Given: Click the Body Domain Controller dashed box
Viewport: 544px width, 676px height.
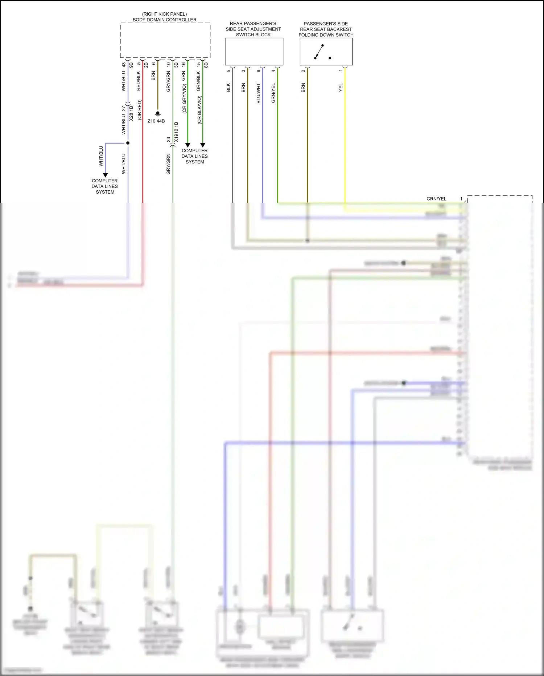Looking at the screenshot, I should (165, 40).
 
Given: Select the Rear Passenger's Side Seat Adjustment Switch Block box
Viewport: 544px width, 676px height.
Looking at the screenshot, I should (254, 52).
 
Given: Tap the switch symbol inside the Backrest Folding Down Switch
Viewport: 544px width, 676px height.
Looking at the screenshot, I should (320, 52).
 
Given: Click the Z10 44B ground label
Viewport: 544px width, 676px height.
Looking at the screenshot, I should (156, 121).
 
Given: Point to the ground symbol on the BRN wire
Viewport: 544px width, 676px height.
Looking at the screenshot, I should (157, 114).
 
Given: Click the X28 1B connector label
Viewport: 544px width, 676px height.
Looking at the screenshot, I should (131, 113).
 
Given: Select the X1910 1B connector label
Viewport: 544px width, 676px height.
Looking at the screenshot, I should (176, 132).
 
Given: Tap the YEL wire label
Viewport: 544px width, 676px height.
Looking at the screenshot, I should (341, 87).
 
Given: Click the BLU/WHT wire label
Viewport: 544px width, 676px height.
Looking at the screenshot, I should (258, 93).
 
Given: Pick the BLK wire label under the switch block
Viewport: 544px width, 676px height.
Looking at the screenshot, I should (228, 87).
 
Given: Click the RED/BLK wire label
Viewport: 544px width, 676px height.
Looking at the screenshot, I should (138, 81).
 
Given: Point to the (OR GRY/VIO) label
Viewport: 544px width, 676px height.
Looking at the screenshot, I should (184, 99).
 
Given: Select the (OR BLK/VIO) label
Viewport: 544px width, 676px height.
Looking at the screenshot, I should (199, 110).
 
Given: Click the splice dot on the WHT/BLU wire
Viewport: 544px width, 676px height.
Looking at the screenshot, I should (128, 143).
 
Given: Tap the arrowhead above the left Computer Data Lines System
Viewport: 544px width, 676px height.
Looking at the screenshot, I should (105, 175).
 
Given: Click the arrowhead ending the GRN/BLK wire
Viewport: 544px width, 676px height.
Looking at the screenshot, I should (203, 145).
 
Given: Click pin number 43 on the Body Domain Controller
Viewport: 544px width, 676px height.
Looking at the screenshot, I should (124, 65).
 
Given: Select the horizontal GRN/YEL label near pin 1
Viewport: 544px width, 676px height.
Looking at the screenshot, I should (436, 199).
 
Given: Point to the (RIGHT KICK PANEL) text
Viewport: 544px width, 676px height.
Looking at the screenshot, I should (164, 14).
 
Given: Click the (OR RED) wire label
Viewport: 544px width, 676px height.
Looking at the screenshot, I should (139, 110).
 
